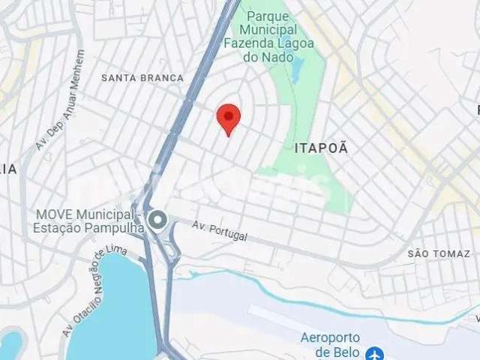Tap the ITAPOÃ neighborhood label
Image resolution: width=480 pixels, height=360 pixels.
(x=322, y=148)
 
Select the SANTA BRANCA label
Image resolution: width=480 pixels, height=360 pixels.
(x=142, y=78)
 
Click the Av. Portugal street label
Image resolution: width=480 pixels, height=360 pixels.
(x=219, y=230)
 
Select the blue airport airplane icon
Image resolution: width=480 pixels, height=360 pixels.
(x=373, y=353)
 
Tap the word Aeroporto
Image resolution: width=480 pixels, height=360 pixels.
(x=331, y=337)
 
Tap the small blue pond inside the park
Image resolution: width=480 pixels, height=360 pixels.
(x=295, y=70)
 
